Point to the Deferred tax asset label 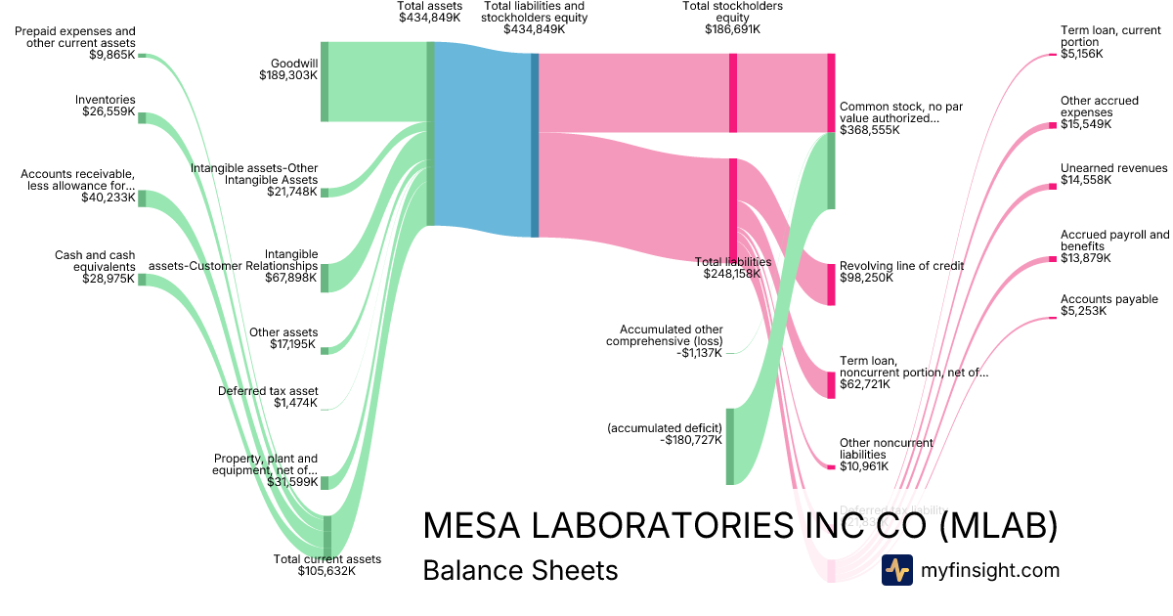click(x=268, y=397)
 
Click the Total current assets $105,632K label click(x=326, y=565)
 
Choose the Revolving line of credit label click(x=901, y=271)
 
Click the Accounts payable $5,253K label click(x=1108, y=305)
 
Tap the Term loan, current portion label click(x=1112, y=42)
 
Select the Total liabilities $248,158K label click(x=732, y=268)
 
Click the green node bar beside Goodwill click(x=325, y=82)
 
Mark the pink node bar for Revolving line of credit click(x=831, y=284)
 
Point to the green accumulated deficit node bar click(x=729, y=446)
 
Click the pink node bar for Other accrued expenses click(x=1053, y=125)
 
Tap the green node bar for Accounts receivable click(x=142, y=198)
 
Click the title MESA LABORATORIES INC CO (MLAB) click(x=740, y=526)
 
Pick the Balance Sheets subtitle click(x=520, y=570)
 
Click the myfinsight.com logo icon click(x=896, y=570)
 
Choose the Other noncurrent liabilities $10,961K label click(x=886, y=455)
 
